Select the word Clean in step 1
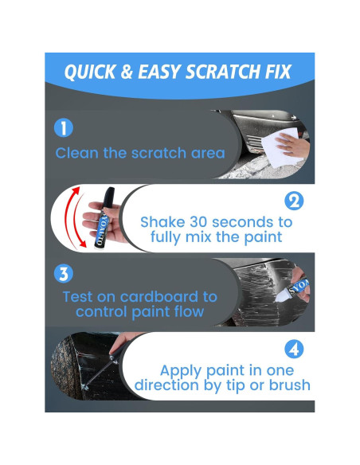click(80, 153)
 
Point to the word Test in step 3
click(78, 297)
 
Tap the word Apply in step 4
click(183, 369)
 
